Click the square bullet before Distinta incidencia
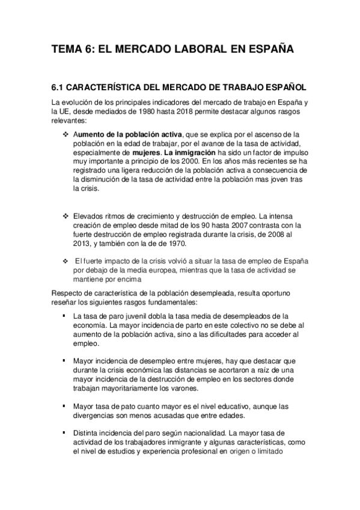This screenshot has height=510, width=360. click(x=64, y=433)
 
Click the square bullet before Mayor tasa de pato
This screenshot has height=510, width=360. click(x=64, y=406)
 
